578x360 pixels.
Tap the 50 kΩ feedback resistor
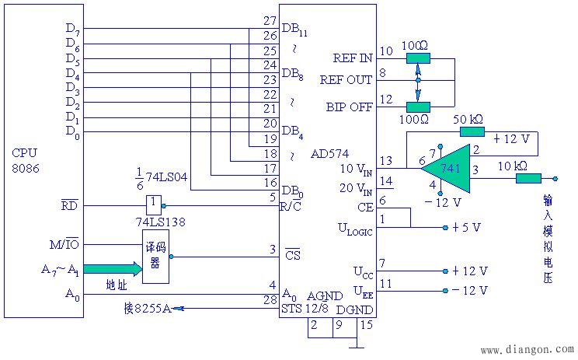coord(472,131)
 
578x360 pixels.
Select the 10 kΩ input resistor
coord(528,179)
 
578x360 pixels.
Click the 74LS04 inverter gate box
coord(154,205)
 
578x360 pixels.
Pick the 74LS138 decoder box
coord(155,257)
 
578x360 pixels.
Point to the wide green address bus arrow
coord(113,268)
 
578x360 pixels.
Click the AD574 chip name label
coord(329,153)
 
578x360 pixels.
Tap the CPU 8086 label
coord(25,160)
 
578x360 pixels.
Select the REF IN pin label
coord(353,58)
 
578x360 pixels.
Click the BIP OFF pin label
coord(349,107)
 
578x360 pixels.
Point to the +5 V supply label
coord(466,227)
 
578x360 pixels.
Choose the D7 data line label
coord(72,29)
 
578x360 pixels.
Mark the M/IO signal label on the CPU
coord(64,244)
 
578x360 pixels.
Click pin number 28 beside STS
coord(270,300)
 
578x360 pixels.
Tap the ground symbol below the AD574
coord(357,347)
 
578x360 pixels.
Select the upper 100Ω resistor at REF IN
coord(419,58)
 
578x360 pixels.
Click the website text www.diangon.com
coord(528,348)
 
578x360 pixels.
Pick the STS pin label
coord(291,309)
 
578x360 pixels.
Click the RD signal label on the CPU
coord(70,204)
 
